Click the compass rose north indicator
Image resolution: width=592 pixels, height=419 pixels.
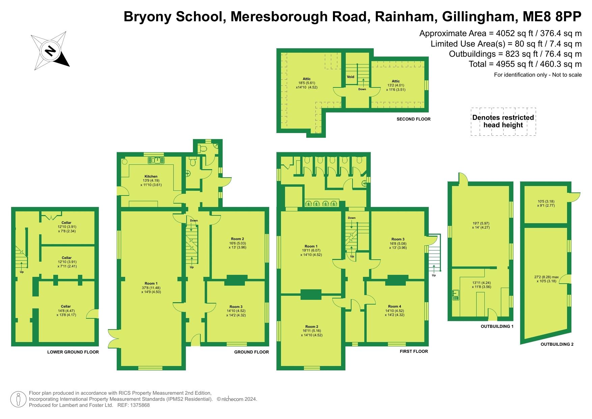pos(50,51)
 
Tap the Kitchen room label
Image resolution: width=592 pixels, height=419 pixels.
pos(151,176)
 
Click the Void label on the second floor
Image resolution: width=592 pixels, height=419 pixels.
pos(350,77)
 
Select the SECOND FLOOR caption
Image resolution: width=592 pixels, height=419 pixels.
pos(414,119)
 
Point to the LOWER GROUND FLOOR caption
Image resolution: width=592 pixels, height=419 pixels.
pos(73,352)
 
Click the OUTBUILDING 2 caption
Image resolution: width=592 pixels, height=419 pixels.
pos(557,344)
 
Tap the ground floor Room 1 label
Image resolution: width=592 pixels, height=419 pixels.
pos(151,283)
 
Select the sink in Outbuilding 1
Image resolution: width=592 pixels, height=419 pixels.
pos(456,295)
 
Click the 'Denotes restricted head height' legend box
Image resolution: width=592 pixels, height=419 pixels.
pos(503,122)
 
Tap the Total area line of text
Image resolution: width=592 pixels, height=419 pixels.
pos(525,64)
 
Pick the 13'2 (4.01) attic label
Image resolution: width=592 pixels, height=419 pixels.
pos(396,85)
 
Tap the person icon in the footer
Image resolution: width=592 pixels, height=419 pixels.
pos(19,399)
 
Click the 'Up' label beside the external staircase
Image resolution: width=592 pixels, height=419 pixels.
pos(434,275)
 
